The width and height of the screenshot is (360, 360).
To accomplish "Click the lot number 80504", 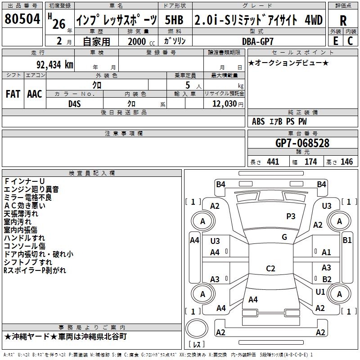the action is [x=22, y=19].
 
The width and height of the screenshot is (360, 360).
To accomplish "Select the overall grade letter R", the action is [x=343, y=21].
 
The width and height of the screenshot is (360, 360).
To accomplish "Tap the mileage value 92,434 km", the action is [x=55, y=64].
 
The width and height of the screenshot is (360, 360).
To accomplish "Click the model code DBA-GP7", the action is [x=257, y=41].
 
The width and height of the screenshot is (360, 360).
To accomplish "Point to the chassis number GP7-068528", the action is [x=302, y=143].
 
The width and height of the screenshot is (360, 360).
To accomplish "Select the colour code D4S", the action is [x=75, y=104].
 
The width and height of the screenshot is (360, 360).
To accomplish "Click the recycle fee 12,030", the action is [x=224, y=103].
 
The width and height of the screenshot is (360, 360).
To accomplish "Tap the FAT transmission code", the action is [x=13, y=94].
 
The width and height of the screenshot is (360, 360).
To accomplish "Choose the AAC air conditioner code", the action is [x=35, y=94].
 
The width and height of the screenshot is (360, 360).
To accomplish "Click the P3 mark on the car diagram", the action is [x=291, y=216].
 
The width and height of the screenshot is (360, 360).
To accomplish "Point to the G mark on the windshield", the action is [x=284, y=237].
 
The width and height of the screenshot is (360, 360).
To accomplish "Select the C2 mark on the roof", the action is [x=270, y=268].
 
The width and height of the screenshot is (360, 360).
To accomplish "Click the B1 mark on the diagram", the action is [x=347, y=240].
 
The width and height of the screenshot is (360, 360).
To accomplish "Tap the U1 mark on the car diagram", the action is [x=320, y=292].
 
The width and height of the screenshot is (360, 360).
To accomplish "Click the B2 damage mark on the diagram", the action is [x=327, y=279].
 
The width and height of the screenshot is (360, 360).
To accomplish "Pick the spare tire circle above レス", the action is [x=197, y=328].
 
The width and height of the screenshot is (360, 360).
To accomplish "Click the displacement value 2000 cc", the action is [x=141, y=41].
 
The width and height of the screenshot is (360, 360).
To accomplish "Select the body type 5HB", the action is [x=174, y=20].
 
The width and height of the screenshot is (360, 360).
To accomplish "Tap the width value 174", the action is [x=310, y=162].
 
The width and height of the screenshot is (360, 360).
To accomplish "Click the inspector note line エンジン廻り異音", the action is [x=31, y=189].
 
